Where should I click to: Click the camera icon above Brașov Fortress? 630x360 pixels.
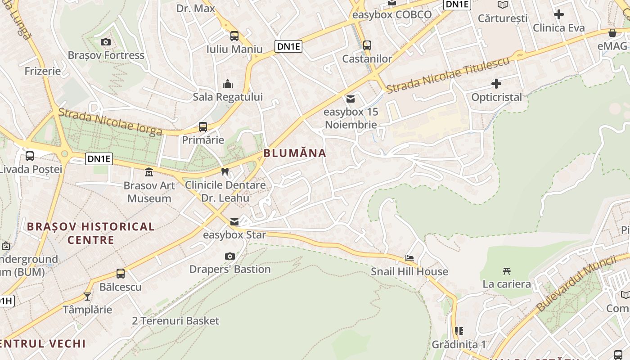click(106, 42)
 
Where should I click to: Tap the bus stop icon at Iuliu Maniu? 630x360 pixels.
click(234, 36)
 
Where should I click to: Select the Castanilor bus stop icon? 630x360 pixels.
click(367, 45)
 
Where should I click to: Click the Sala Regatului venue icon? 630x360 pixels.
click(228, 84)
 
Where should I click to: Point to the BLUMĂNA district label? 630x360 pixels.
click(295, 153)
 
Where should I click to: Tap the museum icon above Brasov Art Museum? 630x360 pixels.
click(149, 172)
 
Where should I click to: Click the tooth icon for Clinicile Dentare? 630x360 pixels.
click(225, 171)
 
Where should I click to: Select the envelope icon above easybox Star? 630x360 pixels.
click(234, 221)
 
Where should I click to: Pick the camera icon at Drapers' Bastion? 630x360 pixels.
click(230, 256)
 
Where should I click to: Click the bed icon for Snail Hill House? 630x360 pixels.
click(409, 258)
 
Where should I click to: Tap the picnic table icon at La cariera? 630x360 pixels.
click(507, 271)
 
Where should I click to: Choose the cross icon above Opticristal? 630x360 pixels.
click(496, 84)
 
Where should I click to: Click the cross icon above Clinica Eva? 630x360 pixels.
click(559, 14)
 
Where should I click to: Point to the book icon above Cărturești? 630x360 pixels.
click(503, 4)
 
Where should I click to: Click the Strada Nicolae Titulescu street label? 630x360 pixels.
click(448, 75)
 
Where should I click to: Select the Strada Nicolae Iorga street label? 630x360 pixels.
click(110, 121)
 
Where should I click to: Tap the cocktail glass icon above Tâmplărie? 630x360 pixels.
click(87, 296)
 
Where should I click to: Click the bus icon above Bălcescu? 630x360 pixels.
click(121, 273)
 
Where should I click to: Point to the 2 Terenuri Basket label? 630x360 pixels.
click(175, 321)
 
